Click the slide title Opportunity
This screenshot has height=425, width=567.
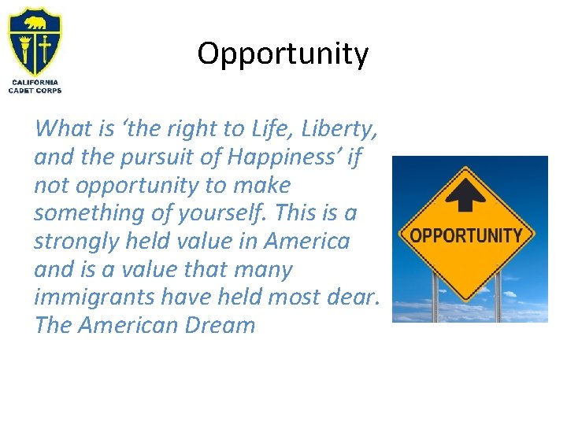(283, 54)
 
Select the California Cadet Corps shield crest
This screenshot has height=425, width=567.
(35, 43)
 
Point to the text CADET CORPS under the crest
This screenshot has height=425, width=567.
(35, 90)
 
